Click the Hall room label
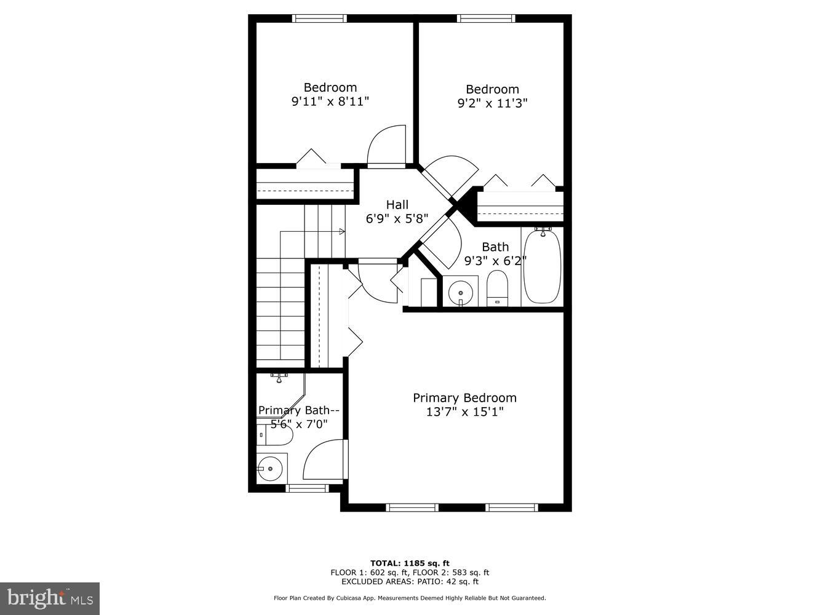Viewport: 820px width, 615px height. tap(397, 205)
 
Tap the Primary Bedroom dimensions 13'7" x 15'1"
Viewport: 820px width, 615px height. tap(464, 412)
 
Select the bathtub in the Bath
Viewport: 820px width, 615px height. tap(542, 266)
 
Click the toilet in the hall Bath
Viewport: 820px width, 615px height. tap(496, 288)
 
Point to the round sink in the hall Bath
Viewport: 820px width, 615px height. tap(460, 292)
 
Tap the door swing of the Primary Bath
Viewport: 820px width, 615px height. tap(324, 461)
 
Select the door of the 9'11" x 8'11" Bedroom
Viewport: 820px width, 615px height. tap(387, 146)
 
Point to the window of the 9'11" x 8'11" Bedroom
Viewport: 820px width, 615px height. tap(319, 18)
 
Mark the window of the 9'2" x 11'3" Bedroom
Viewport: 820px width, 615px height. tap(486, 18)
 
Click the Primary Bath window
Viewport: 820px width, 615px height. tap(308, 488)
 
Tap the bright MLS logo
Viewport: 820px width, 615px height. tap(50, 598)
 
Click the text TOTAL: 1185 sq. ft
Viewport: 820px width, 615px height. tap(410, 563)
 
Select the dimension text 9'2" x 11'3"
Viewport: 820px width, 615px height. tap(492, 103)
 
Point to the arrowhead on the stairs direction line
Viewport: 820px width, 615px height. tap(342, 231)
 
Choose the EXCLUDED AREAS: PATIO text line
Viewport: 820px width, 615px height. tap(410, 581)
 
